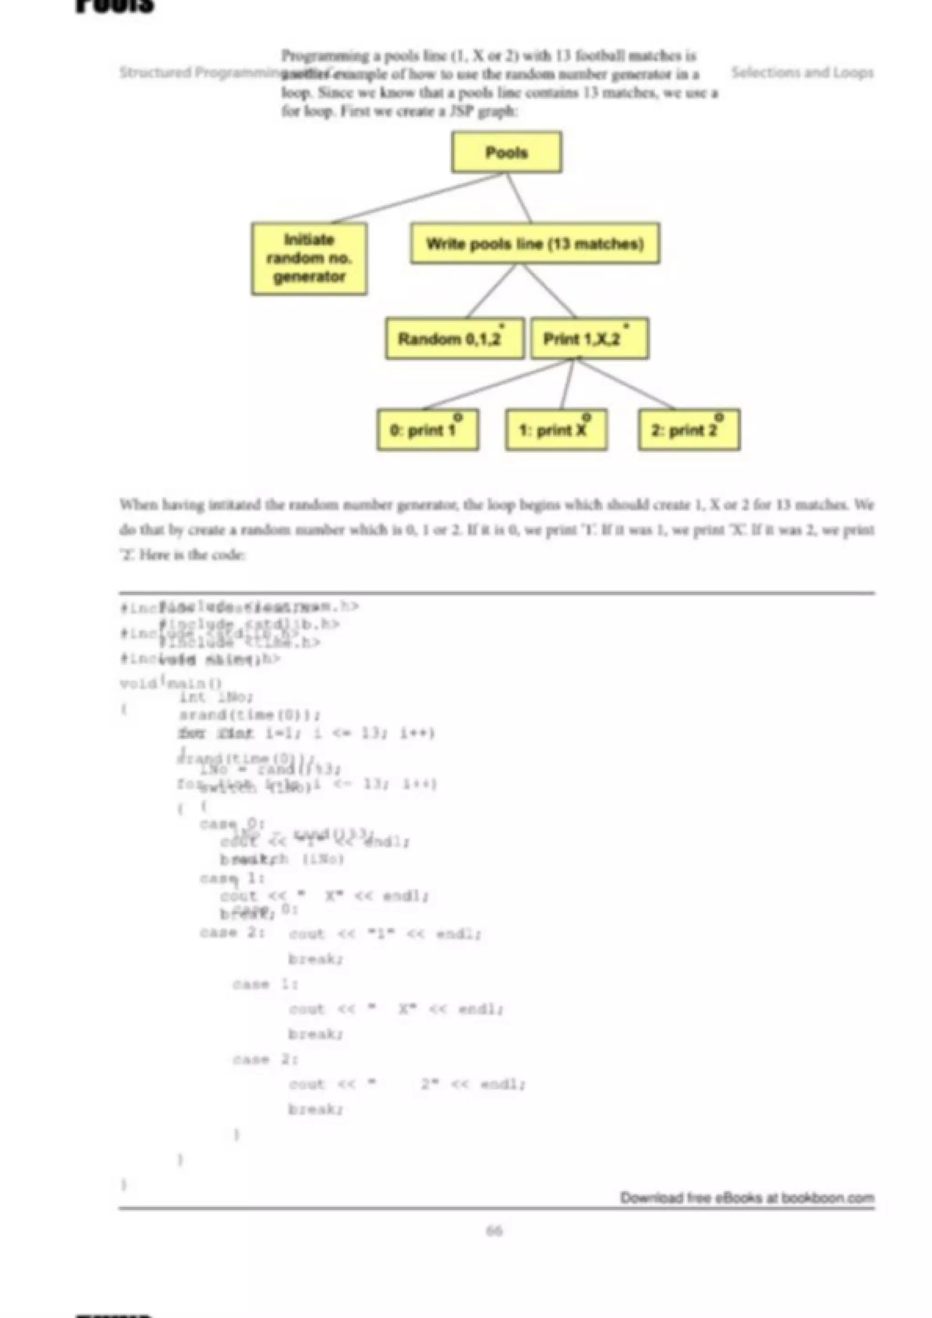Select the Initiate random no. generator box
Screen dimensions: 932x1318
[x=309, y=258]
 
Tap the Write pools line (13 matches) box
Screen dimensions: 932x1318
[x=535, y=244]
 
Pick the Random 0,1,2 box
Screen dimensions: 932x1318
[x=454, y=339]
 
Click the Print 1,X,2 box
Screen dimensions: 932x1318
[x=589, y=339]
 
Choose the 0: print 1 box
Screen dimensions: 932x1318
[x=427, y=430]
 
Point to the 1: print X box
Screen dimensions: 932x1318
[x=556, y=430]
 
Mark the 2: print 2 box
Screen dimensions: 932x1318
[x=689, y=430]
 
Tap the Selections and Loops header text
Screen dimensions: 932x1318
[x=802, y=72]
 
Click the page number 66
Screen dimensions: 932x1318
[x=494, y=1230]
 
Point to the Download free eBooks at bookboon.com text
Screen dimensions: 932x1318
[x=746, y=1197]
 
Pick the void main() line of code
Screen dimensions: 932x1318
[x=171, y=684]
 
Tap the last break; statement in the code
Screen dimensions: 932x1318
[x=315, y=1110]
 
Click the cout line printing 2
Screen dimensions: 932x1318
[x=406, y=1084]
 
